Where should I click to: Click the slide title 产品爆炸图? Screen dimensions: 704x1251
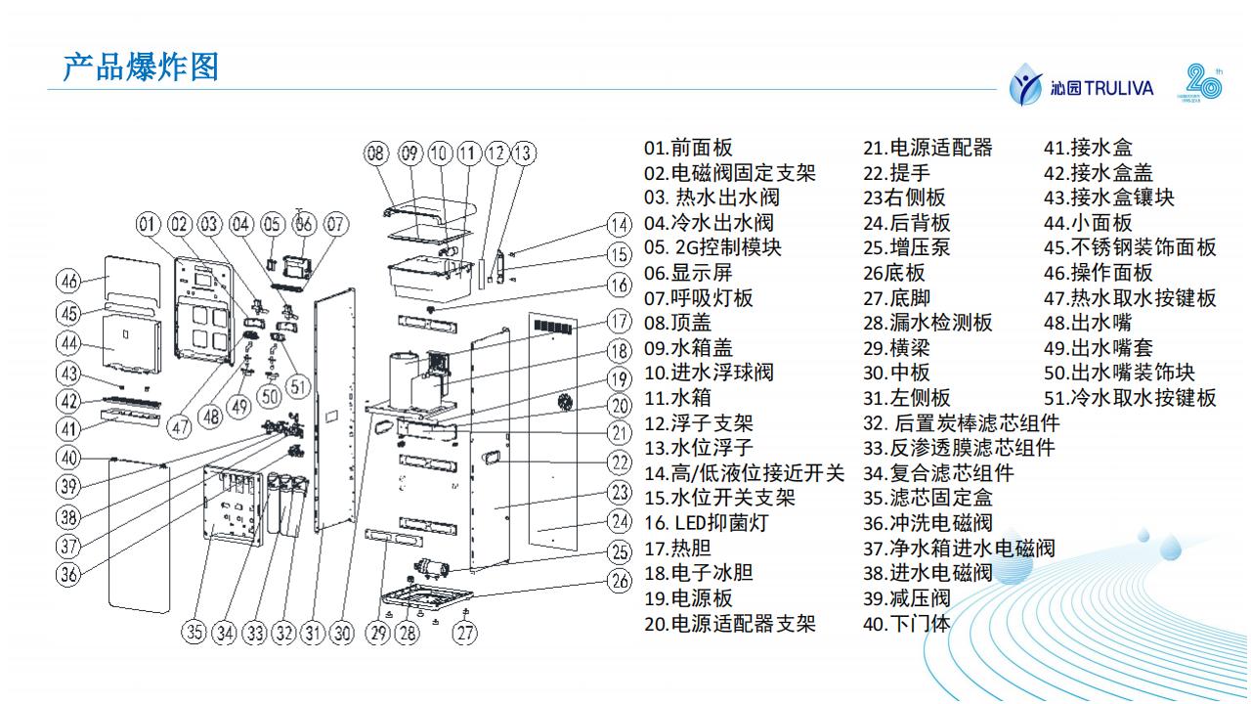click(x=141, y=67)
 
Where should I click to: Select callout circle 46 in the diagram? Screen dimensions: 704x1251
click(x=67, y=282)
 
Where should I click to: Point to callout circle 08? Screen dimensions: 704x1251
click(x=376, y=154)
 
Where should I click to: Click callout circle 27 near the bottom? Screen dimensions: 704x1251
click(x=466, y=633)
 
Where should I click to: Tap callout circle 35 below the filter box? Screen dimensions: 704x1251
click(x=195, y=633)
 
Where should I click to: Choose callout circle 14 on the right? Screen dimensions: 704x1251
click(x=618, y=224)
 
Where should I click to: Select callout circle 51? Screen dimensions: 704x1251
click(x=297, y=386)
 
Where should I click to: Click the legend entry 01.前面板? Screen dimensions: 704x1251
click(x=688, y=148)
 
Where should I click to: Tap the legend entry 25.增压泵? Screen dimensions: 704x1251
click(x=906, y=248)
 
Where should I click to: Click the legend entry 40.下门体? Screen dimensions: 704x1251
click(x=906, y=624)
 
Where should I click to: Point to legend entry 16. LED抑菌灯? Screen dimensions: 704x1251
click(x=707, y=523)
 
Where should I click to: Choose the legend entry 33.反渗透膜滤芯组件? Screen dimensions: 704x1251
click(x=959, y=448)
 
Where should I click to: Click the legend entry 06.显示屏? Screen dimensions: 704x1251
click(x=688, y=273)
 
